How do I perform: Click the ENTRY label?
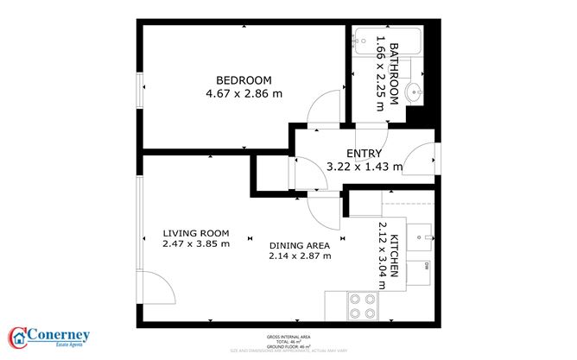point(364,153)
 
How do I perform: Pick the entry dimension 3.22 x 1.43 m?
point(364,167)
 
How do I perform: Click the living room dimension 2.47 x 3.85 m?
point(195,244)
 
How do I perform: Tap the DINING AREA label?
point(300,244)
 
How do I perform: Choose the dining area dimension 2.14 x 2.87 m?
point(300,256)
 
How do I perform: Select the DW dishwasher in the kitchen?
point(425,269)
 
